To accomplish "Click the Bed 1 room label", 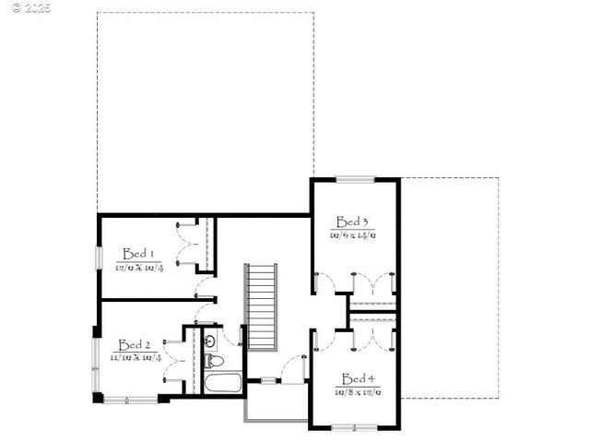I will [x=138, y=254].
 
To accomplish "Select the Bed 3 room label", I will [x=352, y=221].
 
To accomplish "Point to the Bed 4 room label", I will [x=358, y=378].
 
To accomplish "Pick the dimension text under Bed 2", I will [x=136, y=357].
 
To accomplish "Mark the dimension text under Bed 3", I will [x=353, y=235].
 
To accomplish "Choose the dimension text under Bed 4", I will [x=358, y=392].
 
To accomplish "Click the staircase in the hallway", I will [x=261, y=306].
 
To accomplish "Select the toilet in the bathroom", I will [x=211, y=341].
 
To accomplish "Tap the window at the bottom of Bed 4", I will [x=355, y=427].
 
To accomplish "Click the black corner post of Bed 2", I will [x=99, y=399].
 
